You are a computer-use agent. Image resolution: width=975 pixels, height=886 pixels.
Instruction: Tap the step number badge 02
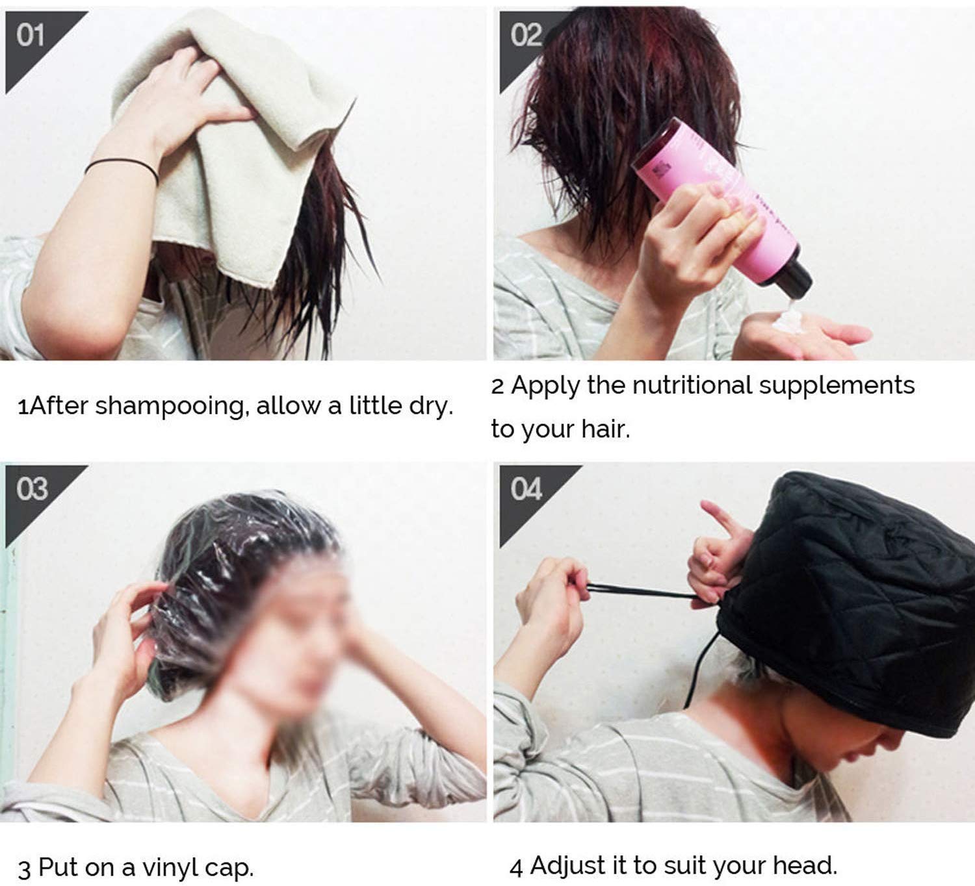(525, 34)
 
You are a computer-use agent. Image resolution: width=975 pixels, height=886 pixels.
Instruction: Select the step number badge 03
(32, 488)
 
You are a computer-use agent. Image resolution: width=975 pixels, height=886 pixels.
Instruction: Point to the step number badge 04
(526, 488)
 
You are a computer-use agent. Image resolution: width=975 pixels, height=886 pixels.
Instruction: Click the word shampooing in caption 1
(172, 407)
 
